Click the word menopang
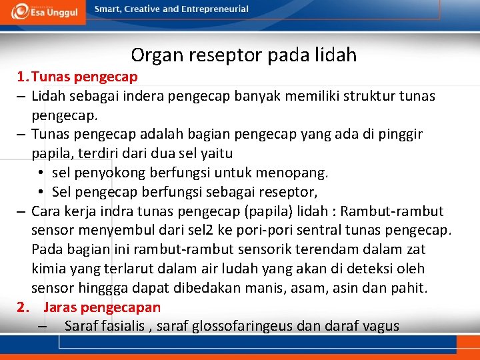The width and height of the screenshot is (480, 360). point(297,173)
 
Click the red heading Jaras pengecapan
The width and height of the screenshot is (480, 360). point(102,307)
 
